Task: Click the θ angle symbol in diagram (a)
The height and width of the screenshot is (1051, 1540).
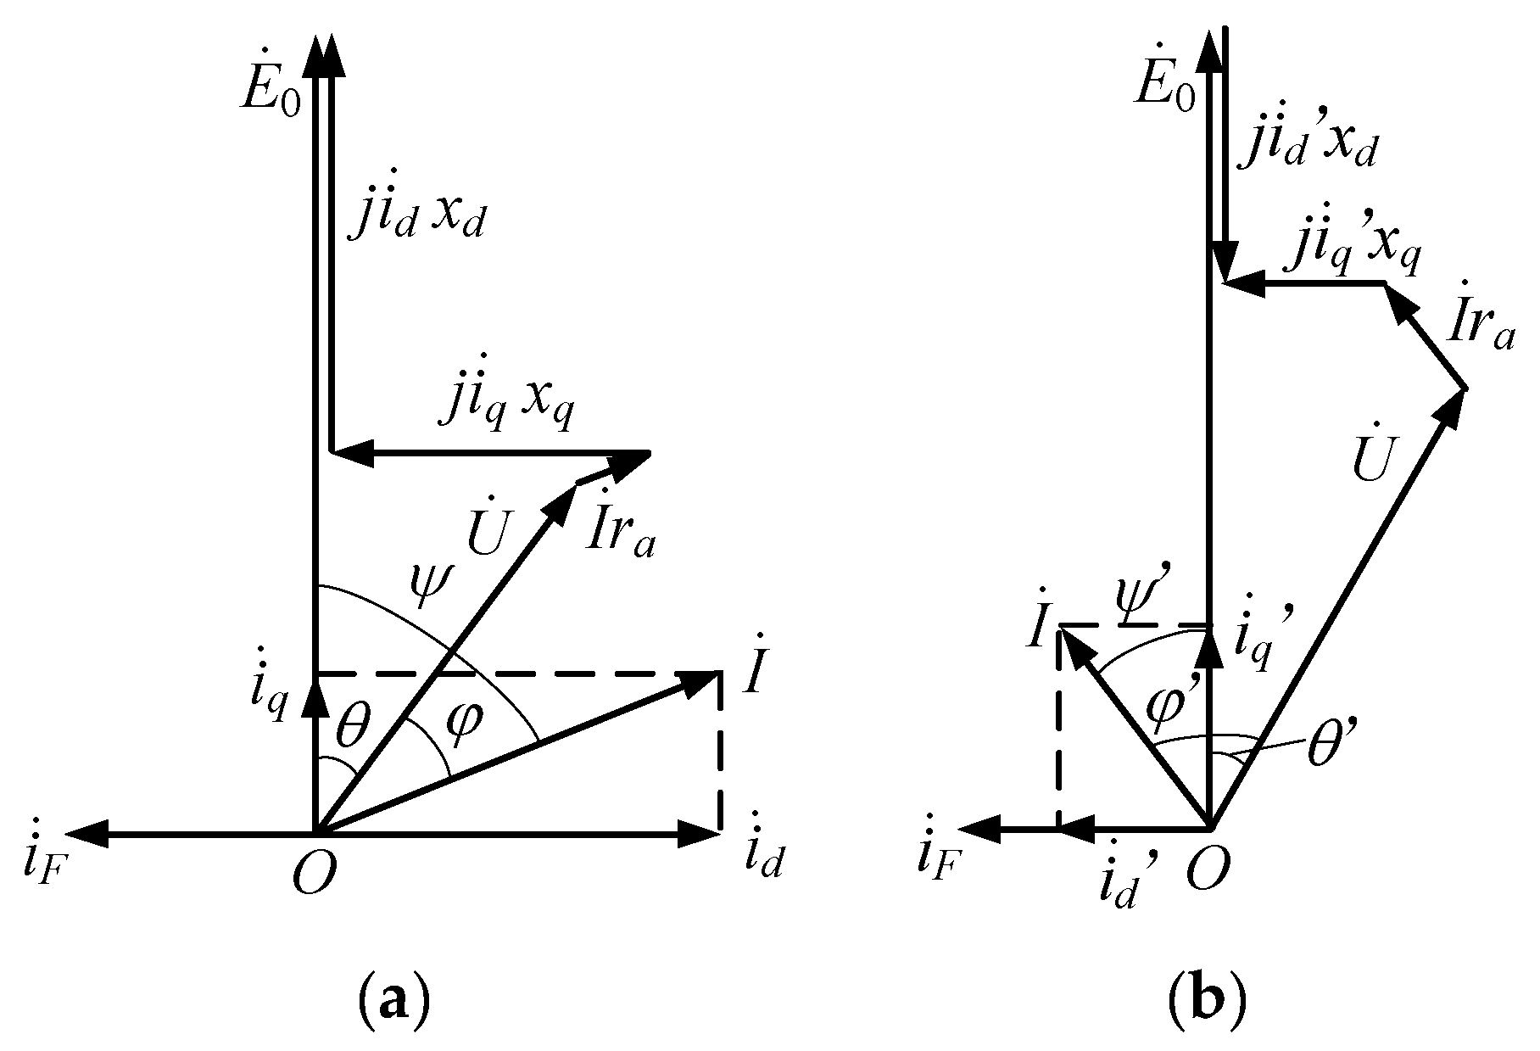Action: [351, 724]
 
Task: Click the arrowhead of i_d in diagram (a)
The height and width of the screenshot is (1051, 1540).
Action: [706, 835]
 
